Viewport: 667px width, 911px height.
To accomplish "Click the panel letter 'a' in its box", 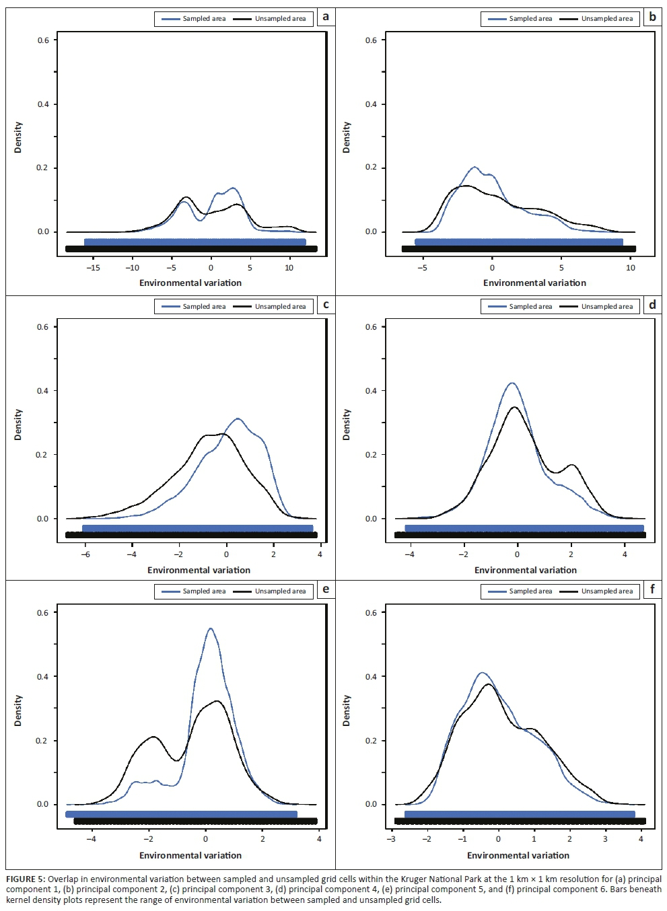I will pos(326,16).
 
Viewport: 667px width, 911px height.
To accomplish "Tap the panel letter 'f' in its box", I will pos(652,590).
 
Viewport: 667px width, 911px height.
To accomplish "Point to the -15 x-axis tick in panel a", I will pos(94,268).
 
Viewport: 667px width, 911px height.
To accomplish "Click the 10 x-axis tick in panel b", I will pos(631,268).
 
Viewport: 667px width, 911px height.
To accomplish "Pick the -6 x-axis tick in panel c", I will pos(85,554).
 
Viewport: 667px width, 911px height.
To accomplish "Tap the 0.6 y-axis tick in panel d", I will pos(371,327).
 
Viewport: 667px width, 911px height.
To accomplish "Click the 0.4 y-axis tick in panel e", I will pos(42,677).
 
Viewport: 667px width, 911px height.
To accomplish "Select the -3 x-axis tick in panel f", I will pos(391,839).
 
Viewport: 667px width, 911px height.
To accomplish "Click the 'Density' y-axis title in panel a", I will pos(18,137).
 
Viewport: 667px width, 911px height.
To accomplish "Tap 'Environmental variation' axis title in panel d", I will pos(526,570).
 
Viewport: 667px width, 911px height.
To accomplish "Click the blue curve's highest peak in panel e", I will pos(211,629).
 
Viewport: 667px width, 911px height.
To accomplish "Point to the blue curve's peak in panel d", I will pos(512,384).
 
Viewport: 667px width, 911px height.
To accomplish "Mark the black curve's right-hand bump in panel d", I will pos(572,465).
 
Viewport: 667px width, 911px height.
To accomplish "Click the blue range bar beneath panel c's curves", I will pos(197,528).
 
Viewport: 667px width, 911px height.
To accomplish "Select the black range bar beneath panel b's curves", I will pos(518,249).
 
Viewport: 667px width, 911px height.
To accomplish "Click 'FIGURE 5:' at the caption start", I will pos(26,879).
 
